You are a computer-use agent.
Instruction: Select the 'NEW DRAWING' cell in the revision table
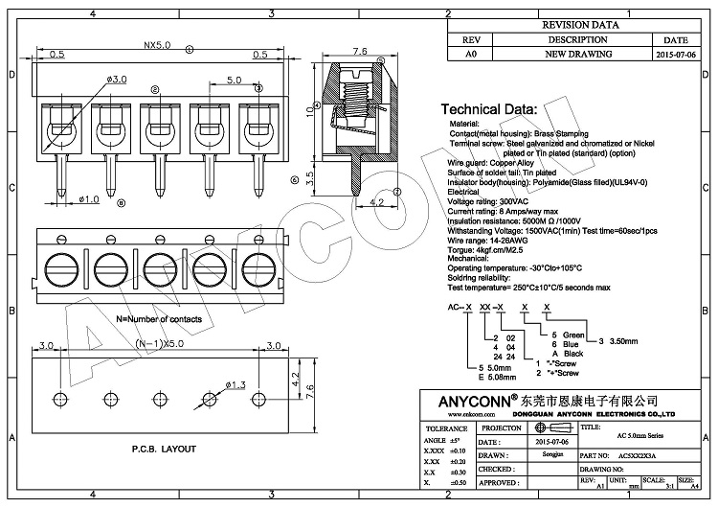(x=577, y=55)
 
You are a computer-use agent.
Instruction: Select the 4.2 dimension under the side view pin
(x=376, y=202)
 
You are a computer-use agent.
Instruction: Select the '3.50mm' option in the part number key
(x=625, y=340)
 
